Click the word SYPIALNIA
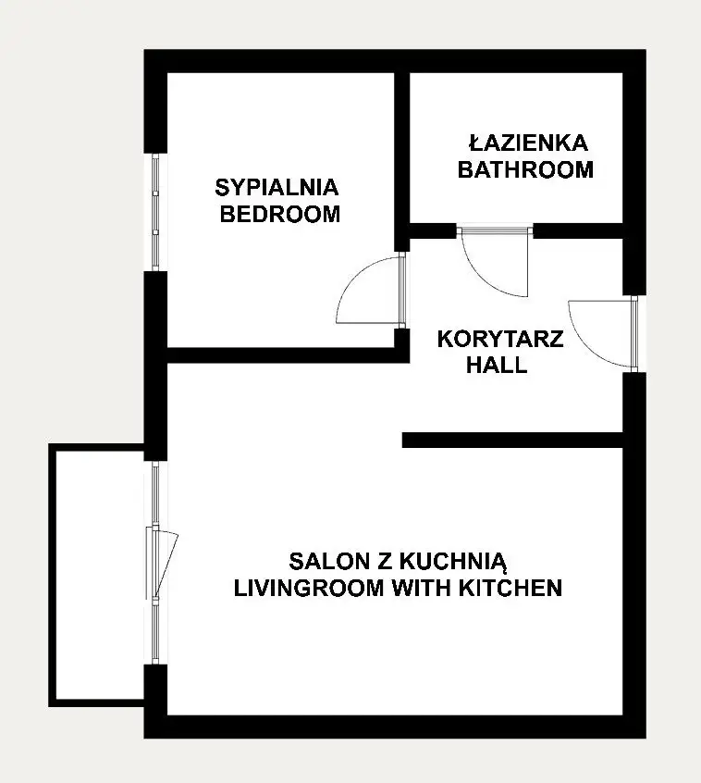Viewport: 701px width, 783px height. point(277,188)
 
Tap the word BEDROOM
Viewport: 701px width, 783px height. point(280,214)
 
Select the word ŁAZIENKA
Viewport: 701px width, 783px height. point(528,143)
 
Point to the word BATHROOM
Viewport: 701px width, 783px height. point(525,169)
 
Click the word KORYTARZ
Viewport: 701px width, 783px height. point(500,339)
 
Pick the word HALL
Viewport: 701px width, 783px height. point(497,365)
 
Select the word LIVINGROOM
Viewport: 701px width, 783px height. point(309,588)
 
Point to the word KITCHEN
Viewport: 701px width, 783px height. point(510,588)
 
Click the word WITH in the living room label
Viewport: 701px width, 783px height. point(421,588)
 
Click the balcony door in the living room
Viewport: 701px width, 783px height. point(162,563)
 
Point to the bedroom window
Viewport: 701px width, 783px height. point(155,212)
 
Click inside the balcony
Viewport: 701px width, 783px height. point(100,574)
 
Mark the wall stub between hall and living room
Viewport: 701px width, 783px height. point(513,440)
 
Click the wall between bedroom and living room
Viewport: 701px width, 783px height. point(288,355)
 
